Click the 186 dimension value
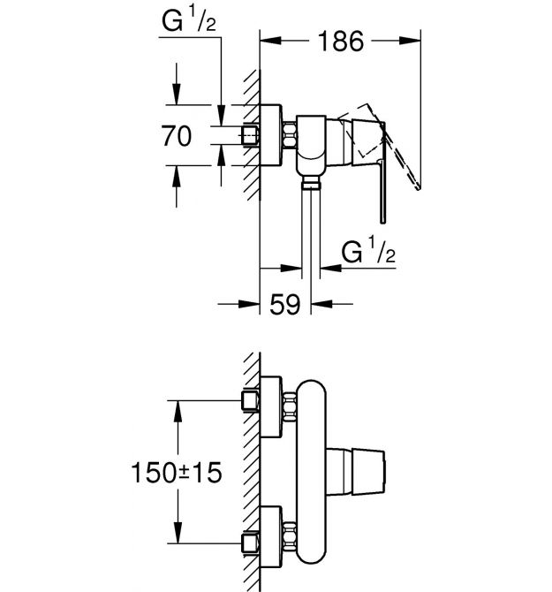[x=341, y=41]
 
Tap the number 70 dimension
[x=177, y=136]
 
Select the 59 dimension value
[x=285, y=304]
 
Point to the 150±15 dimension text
[x=177, y=473]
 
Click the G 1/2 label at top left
[x=189, y=21]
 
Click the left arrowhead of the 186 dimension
[x=270, y=41]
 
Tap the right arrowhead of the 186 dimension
[x=410, y=41]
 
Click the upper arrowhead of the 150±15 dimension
[x=178, y=411]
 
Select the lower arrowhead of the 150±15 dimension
[x=178, y=533]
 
